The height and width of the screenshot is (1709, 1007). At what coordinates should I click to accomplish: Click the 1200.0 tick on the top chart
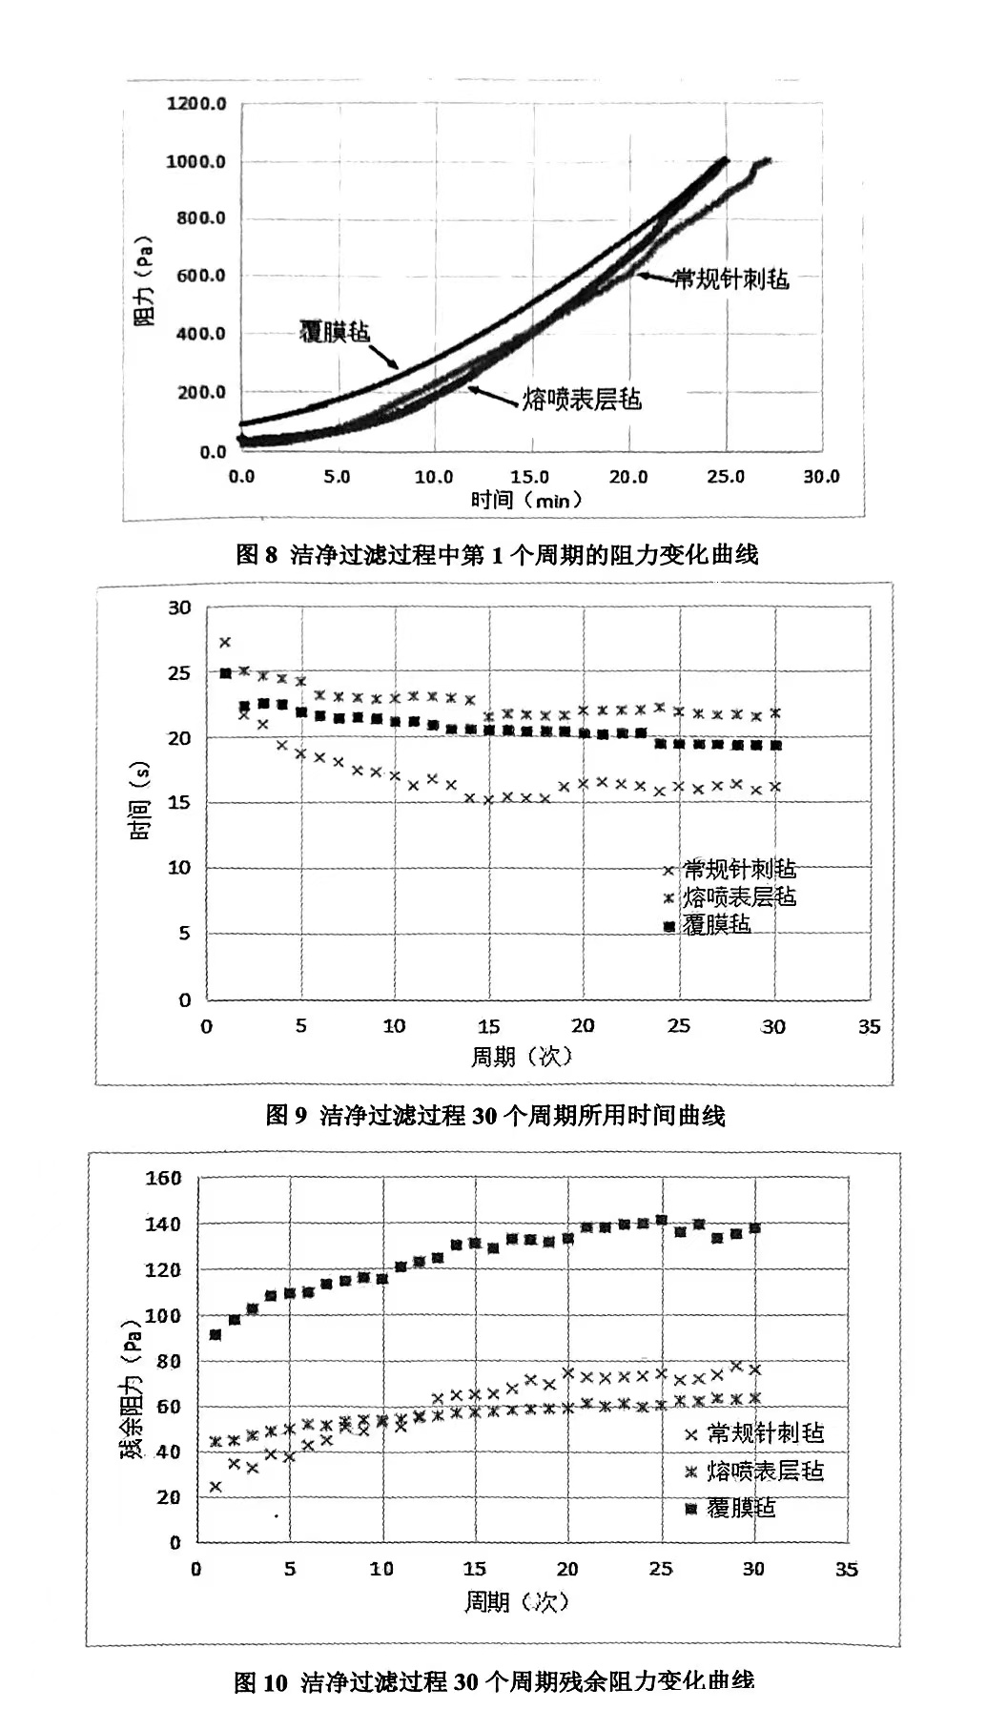tap(196, 103)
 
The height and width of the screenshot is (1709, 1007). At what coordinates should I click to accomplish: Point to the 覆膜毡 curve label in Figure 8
tap(334, 332)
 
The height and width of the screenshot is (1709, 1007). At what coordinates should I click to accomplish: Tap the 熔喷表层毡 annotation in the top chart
tap(582, 399)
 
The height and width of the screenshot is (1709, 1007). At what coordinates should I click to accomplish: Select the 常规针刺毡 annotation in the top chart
tap(731, 278)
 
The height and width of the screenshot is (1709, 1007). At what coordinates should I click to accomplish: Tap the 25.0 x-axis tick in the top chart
tap(726, 476)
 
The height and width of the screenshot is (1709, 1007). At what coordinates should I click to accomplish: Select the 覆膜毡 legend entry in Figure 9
tap(716, 924)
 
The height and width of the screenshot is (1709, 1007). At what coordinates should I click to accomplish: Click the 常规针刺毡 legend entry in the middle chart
tap(739, 869)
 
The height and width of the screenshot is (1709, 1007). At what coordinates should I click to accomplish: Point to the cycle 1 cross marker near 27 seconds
tap(225, 643)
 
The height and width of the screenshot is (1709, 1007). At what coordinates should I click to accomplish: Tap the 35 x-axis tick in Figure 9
tap(869, 1027)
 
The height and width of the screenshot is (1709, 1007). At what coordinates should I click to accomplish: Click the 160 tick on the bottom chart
tap(163, 1178)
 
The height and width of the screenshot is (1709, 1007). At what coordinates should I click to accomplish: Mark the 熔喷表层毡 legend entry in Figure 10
tap(765, 1471)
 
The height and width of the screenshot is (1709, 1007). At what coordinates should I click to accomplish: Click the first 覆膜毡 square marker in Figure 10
tap(216, 1334)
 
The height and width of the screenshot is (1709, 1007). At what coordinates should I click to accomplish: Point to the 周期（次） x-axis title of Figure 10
tap(516, 1601)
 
